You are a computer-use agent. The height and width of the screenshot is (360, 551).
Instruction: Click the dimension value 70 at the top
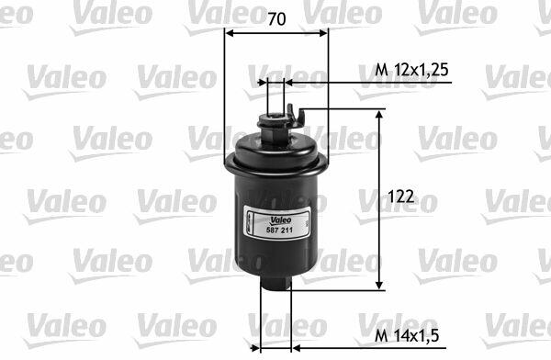(x=276, y=19)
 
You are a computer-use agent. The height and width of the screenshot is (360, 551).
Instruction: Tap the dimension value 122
(x=401, y=197)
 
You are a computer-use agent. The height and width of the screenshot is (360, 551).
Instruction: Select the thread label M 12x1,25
(x=411, y=70)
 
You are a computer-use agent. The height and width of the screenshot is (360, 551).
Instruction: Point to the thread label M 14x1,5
(x=407, y=335)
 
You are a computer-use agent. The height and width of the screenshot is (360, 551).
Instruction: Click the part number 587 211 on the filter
(x=276, y=231)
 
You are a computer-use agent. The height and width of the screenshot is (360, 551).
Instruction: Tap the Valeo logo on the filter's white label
(x=280, y=220)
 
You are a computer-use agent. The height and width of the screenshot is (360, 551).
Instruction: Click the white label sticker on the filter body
(x=277, y=223)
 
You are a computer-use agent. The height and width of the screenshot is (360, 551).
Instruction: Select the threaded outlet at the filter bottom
(x=275, y=282)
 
